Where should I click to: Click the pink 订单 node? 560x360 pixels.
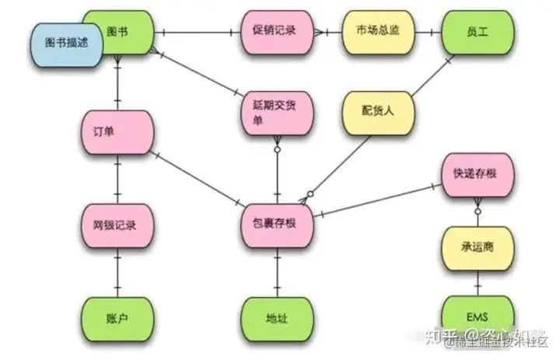[x=117, y=130]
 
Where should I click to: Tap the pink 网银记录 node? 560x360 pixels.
[x=117, y=225]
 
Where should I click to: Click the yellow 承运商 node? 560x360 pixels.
[x=476, y=246]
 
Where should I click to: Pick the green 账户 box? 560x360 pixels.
[x=117, y=319]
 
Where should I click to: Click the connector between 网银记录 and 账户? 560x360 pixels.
[x=117, y=272]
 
